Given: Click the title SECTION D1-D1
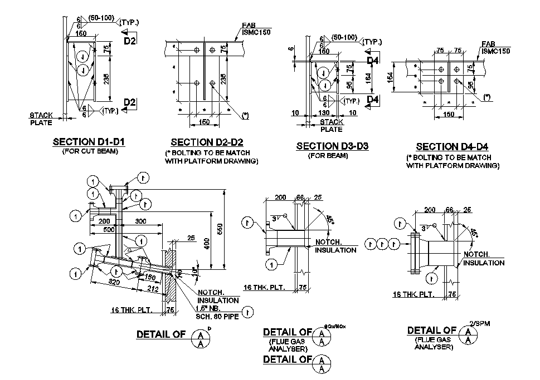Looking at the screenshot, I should pos(89,142).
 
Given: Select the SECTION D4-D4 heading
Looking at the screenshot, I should pos(452,147).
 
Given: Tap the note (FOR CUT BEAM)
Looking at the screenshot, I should pos(89,152).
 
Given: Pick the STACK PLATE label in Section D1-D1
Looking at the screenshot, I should pos(41,119).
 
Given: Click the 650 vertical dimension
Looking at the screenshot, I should pos(220,228).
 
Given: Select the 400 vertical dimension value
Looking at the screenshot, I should pos(206,243).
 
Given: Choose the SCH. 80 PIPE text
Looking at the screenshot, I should pos(216,317).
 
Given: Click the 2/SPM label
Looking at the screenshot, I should pos(478,323).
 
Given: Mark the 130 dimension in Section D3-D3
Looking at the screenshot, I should pos(323,113).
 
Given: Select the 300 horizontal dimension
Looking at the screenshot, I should pos(140,221).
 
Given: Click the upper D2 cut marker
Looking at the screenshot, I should pos(129,41).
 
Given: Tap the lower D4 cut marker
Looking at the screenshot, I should pos(372,100).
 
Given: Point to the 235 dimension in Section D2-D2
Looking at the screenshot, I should pos(223,80).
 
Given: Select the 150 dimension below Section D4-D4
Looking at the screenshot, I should pos(449,115).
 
